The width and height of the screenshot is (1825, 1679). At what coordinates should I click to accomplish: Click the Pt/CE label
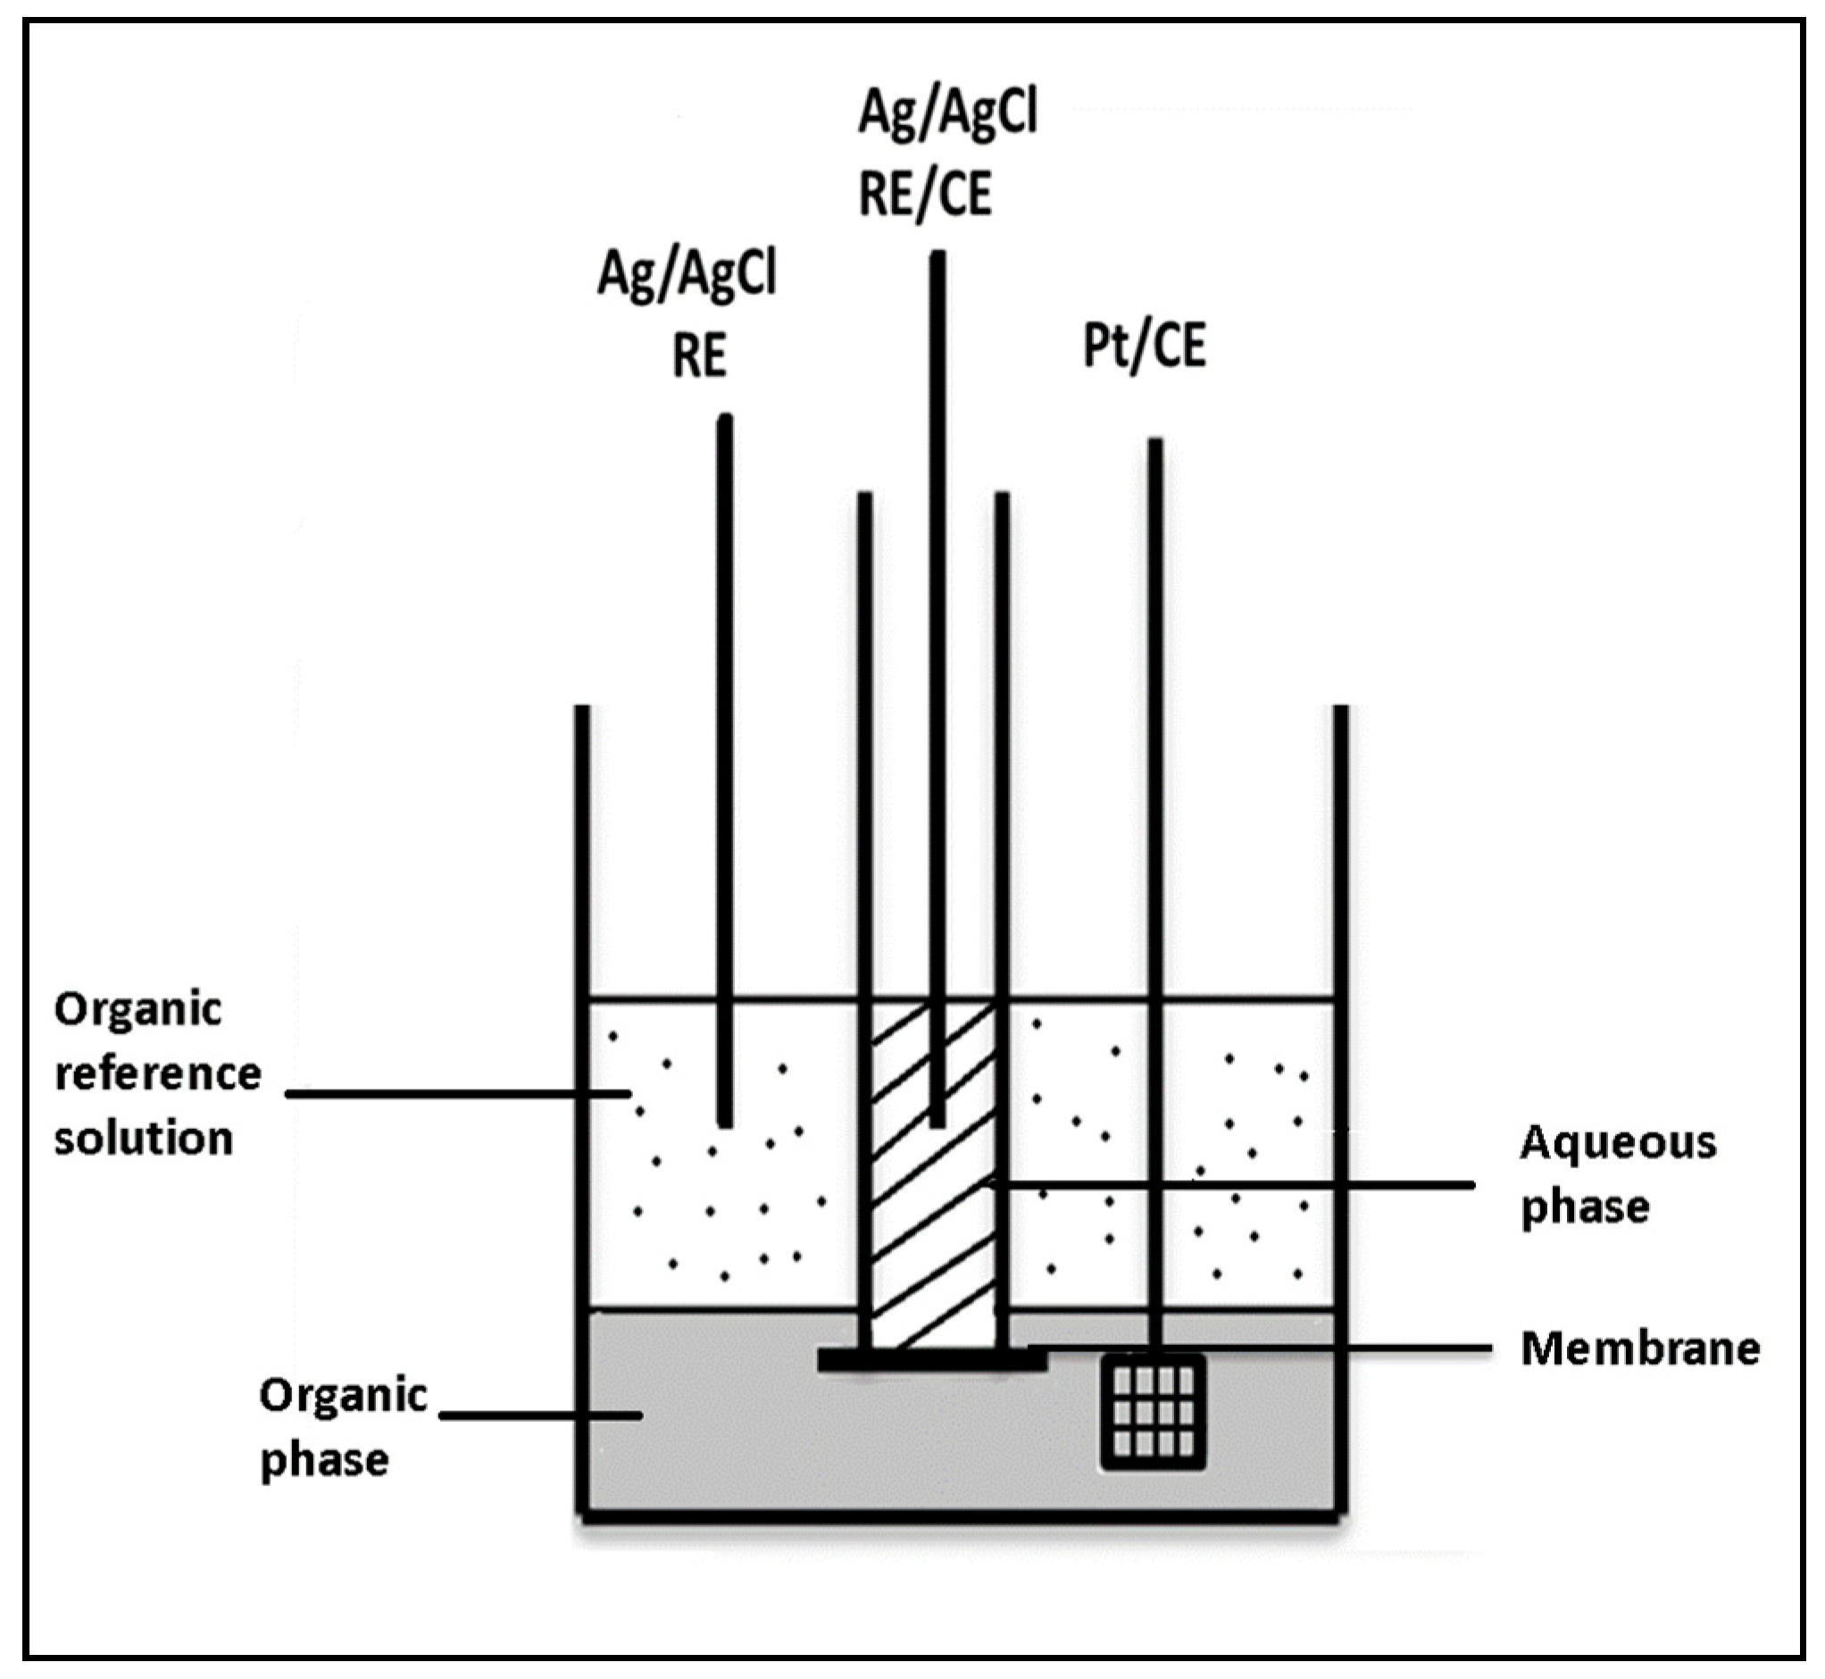click(x=1145, y=347)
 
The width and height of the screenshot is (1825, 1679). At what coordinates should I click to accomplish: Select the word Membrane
click(x=1639, y=1349)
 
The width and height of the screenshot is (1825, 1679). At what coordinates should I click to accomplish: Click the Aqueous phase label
click(x=1618, y=1174)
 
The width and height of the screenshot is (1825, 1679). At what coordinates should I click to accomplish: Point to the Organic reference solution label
click(x=156, y=1073)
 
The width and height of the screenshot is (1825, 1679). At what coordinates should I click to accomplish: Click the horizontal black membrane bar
click(x=931, y=1360)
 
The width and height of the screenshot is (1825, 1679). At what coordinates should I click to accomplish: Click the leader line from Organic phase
click(x=540, y=1415)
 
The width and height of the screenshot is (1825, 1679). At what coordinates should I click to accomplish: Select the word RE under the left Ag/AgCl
click(x=698, y=355)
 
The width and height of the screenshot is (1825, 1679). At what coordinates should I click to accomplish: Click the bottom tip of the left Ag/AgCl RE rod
click(x=725, y=1123)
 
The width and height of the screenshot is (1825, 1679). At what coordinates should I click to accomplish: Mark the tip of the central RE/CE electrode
click(x=937, y=1123)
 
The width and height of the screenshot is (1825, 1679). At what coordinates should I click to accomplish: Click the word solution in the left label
click(x=144, y=1138)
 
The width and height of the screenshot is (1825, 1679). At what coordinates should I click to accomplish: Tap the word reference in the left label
click(x=158, y=1073)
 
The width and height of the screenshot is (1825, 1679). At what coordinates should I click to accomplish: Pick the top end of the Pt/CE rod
click(x=1154, y=444)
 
